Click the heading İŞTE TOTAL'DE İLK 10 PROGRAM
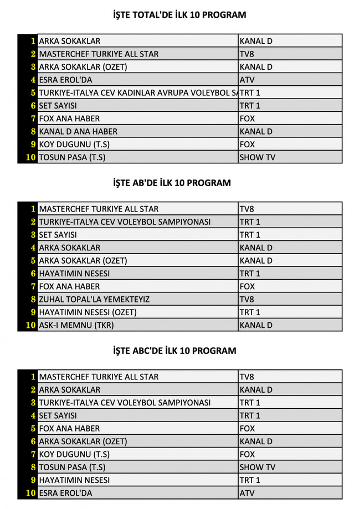coord(179,15)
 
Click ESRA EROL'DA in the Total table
coord(66,80)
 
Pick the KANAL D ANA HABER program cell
coord(78,131)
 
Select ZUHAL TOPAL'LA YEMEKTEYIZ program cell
coord(94,299)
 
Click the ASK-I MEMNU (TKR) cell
coord(76,325)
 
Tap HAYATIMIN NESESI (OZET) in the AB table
coord(88,312)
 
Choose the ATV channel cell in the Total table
coord(247,80)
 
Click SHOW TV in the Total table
coord(257,157)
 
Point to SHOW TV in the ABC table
coord(257,467)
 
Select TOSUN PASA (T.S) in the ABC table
coord(72,467)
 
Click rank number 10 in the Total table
coord(30,157)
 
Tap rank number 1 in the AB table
coord(33,209)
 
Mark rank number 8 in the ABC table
coord(33,467)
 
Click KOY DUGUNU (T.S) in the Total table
coord(74,144)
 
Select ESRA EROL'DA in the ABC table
coord(66,493)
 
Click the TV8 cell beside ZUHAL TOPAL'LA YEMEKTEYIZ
coord(247,299)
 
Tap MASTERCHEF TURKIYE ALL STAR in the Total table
coord(99,54)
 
